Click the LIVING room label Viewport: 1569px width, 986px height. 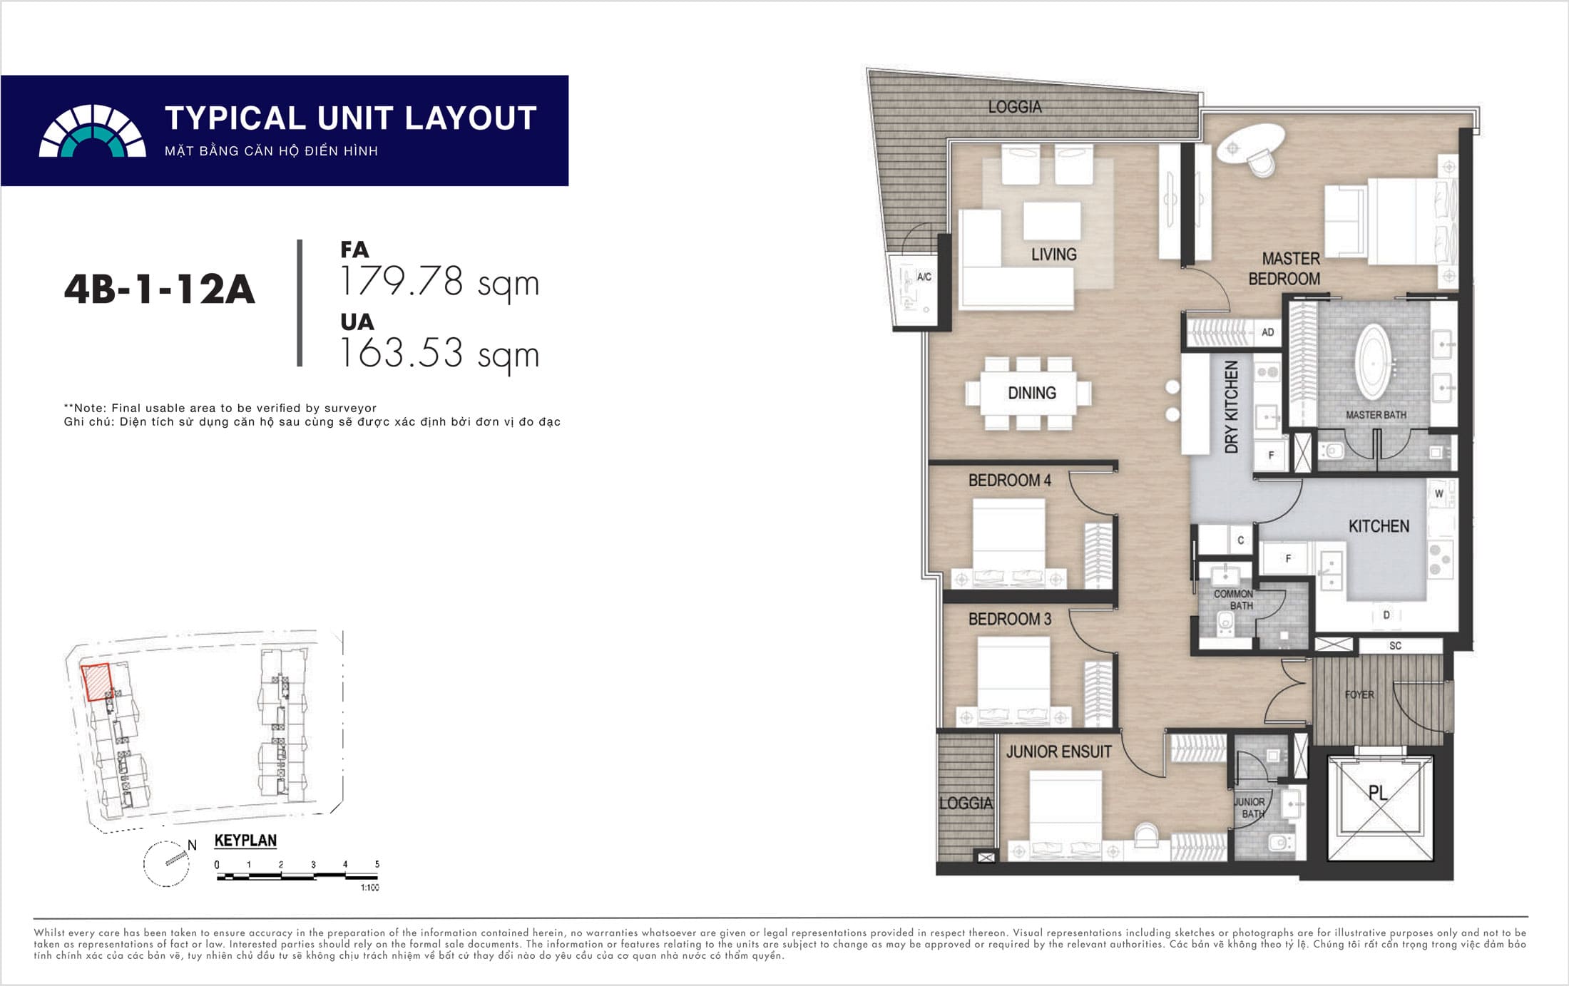(x=1053, y=255)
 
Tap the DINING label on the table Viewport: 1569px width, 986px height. (x=1031, y=393)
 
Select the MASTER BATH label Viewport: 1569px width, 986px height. (x=1376, y=415)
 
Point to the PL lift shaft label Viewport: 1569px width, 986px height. (x=1378, y=793)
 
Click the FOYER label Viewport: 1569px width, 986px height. (x=1359, y=694)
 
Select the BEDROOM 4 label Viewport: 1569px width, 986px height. (x=1009, y=481)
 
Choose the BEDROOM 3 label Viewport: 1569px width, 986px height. (x=1009, y=619)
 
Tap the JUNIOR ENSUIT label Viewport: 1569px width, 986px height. (x=1058, y=751)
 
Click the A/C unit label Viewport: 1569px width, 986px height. (x=924, y=277)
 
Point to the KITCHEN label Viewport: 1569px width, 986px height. (x=1379, y=526)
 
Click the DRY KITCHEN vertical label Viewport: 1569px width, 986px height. (x=1232, y=407)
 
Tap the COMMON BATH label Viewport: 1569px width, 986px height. (x=1234, y=600)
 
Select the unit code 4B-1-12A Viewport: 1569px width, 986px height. (x=159, y=289)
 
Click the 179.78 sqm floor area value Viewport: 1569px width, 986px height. (x=439, y=282)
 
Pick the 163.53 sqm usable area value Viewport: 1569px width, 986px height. (x=439, y=353)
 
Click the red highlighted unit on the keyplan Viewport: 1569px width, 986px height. (x=96, y=682)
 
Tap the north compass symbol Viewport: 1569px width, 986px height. (x=168, y=863)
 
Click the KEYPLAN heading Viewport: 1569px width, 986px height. (x=245, y=841)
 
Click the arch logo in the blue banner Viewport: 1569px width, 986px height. (x=92, y=130)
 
